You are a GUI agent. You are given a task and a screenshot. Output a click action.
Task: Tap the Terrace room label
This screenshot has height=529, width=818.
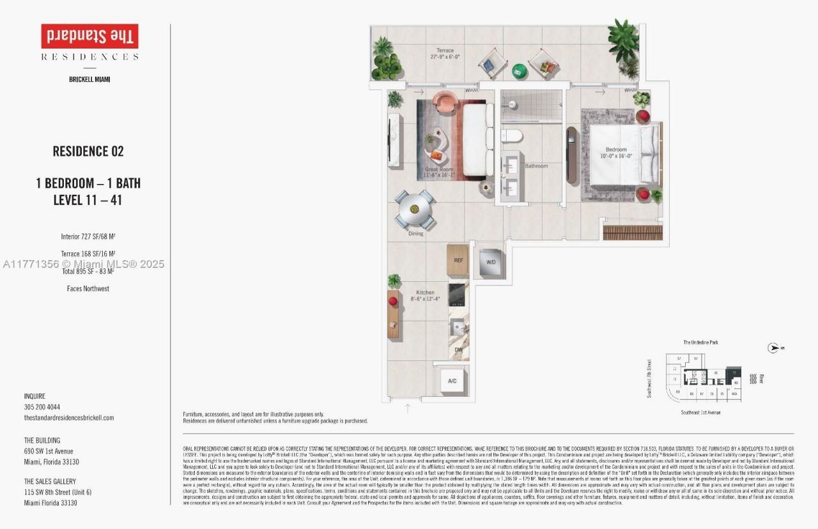445,54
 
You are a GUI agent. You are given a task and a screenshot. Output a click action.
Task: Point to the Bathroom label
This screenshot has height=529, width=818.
536,166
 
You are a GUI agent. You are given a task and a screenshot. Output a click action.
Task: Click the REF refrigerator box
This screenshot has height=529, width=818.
458,260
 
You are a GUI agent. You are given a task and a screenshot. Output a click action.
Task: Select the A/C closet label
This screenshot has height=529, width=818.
452,381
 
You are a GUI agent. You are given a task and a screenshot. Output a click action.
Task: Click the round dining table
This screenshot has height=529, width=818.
415,209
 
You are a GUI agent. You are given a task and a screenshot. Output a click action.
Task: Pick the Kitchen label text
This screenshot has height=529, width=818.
425,296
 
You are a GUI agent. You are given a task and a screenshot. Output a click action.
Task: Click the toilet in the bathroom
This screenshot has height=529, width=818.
512,135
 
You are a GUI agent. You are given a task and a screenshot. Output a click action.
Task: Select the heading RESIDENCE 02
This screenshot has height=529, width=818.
88,151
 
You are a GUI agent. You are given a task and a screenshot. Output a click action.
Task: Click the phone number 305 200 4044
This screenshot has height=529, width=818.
42,407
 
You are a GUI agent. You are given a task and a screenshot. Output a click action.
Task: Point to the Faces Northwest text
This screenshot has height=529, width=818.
88,289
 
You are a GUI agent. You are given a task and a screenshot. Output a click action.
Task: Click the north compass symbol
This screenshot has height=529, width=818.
773,348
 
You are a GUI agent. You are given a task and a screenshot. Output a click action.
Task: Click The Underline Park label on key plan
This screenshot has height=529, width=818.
700,343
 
